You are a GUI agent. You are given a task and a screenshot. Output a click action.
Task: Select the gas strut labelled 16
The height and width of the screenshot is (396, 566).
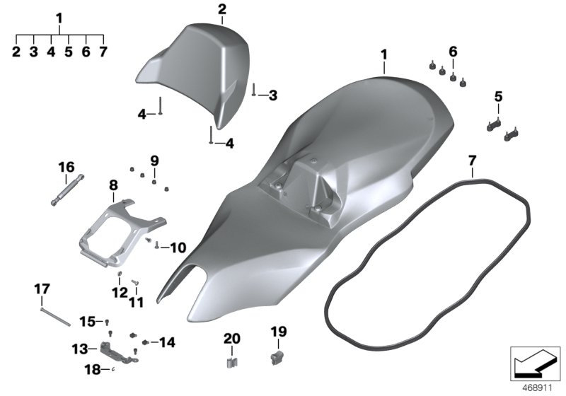(67, 190)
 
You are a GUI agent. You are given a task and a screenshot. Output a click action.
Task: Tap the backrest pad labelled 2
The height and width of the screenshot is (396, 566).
(191, 72)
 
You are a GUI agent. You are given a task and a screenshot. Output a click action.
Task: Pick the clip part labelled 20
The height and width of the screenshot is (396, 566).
(231, 362)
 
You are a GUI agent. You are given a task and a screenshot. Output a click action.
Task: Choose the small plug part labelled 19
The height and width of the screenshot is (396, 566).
(277, 357)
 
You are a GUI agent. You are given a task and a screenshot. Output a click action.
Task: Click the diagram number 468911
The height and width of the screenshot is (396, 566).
(538, 388)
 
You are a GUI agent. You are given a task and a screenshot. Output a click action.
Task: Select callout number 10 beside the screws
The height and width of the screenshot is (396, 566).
(178, 248)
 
